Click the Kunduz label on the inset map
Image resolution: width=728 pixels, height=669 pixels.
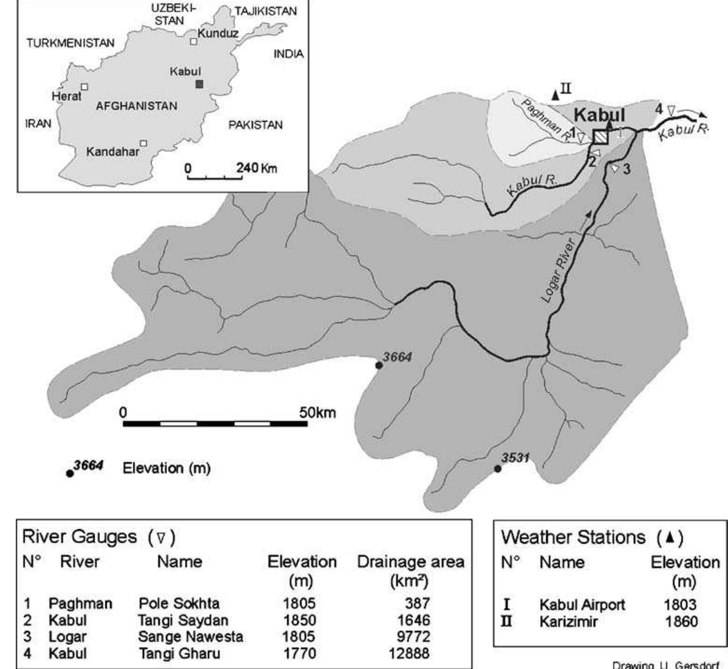218,33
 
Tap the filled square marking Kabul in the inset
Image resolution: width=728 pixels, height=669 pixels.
199,84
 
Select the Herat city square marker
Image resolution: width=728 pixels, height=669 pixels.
84,87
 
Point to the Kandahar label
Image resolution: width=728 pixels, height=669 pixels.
113,152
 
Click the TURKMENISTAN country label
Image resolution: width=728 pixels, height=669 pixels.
70,43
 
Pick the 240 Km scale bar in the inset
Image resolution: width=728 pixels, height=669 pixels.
215,177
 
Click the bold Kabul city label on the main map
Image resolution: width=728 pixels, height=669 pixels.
599,115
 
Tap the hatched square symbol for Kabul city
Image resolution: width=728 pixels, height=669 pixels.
601,137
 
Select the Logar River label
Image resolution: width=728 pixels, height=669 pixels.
559,270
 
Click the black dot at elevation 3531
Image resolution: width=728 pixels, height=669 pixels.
498,469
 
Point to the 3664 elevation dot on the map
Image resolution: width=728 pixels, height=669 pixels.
379,366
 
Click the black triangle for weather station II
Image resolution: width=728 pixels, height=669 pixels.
555,96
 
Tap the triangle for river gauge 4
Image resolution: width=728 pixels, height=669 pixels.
671,111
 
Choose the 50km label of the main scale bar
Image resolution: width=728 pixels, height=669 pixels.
317,413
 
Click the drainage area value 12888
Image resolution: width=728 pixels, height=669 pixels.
409,653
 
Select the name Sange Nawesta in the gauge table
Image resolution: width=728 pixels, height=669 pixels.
190,636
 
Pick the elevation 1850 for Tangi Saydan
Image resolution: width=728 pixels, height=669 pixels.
299,620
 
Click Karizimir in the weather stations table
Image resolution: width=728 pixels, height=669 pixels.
568,621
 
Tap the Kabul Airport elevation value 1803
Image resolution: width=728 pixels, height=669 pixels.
680,605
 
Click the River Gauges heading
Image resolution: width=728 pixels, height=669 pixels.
80,537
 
